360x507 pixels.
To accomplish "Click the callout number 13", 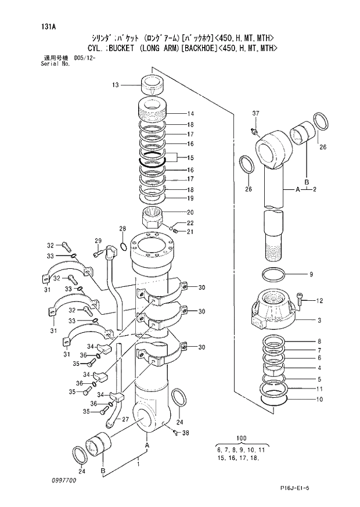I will (x=116, y=85).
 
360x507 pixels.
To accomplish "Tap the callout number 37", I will (x=255, y=113).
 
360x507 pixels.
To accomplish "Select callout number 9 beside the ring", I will (x=311, y=275).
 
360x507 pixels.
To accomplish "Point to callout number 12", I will (x=319, y=300).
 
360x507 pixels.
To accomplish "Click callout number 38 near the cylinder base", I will (x=186, y=433).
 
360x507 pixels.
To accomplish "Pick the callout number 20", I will (x=190, y=212).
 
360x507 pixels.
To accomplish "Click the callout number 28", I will (x=123, y=228).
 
